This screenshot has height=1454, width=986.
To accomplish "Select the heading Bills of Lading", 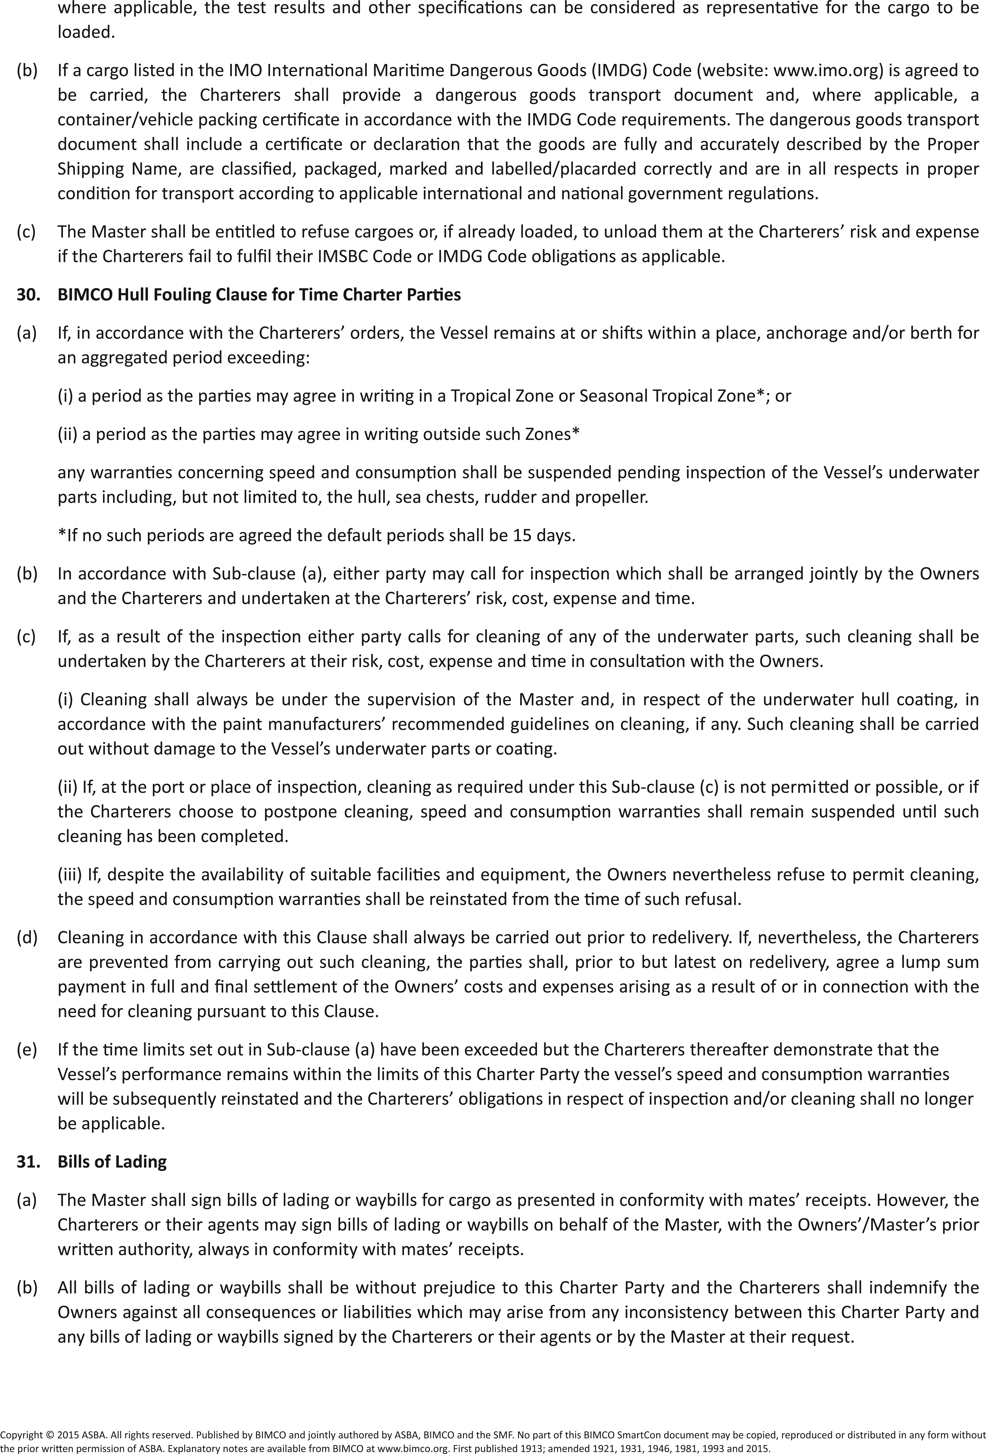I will coord(112,1162).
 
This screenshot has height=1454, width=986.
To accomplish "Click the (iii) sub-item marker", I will coord(69,875).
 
